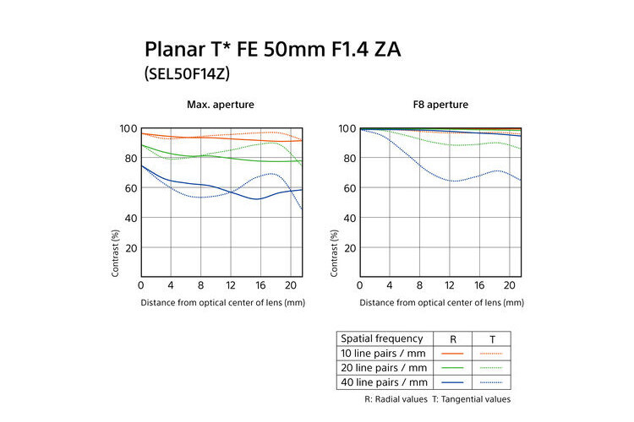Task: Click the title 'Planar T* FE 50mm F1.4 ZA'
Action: (x=273, y=49)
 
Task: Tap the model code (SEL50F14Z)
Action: (x=188, y=73)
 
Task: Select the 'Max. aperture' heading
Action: (x=221, y=105)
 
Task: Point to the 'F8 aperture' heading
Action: (x=440, y=105)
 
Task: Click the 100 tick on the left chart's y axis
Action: (x=128, y=128)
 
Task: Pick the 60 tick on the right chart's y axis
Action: (x=347, y=188)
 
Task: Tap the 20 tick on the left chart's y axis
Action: (x=131, y=248)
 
